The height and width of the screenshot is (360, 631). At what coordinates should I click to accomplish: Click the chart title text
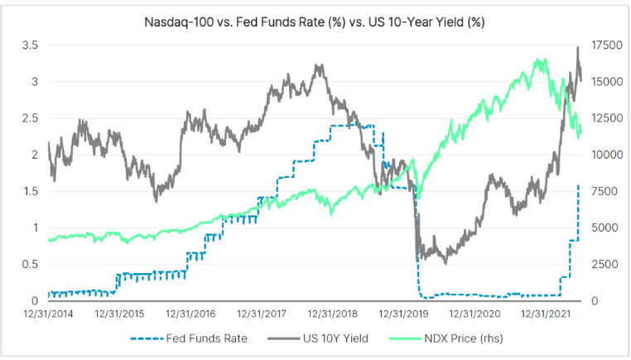[315, 21]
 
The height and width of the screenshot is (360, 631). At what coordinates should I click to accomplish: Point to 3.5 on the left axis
[31, 46]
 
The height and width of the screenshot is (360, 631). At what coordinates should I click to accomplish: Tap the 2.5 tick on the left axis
[31, 118]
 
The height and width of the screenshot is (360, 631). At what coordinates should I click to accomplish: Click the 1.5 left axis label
[31, 191]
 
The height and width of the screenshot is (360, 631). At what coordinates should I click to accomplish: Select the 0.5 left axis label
[31, 264]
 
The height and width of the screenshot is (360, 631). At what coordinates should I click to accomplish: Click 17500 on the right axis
[608, 46]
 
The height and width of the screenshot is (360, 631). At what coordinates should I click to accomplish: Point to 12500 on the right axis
[608, 118]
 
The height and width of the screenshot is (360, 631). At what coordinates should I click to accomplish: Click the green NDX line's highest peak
[540, 60]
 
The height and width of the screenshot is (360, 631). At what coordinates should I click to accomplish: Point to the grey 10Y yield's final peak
[577, 47]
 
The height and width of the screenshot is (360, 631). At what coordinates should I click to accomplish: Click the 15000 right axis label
[608, 82]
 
